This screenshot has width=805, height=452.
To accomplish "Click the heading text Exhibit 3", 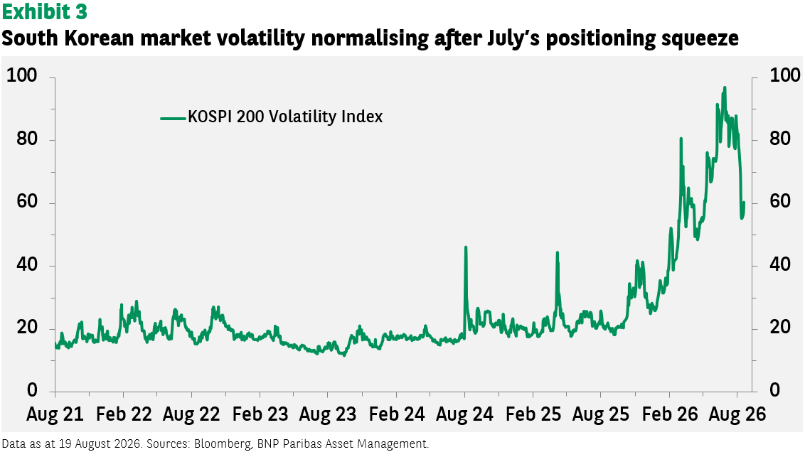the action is point(45,11).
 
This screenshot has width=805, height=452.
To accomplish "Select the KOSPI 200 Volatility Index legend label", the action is point(285,117).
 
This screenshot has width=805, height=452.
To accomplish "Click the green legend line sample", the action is point(173,119).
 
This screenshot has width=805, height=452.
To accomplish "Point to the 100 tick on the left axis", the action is point(22,76).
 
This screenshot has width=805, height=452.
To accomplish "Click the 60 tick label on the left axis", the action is point(27,201).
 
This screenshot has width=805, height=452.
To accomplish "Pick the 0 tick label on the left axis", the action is point(32,390).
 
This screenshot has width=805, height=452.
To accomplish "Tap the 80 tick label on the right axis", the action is point(780,139).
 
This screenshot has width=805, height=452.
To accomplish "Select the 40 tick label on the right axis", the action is point(780,265).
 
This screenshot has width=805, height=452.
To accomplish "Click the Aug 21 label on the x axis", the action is point(55,414).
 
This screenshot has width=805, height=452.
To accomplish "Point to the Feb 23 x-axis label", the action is point(260,414).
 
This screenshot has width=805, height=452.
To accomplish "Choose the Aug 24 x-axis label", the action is point(464,414).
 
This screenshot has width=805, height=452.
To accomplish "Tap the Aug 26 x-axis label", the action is point(737,414).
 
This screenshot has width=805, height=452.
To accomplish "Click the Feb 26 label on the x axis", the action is point(669,414).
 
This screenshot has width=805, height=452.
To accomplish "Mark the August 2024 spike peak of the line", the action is point(466,247).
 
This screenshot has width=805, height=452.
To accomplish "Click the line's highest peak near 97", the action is point(725,87).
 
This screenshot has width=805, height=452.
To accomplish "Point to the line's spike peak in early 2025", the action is point(557,252).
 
